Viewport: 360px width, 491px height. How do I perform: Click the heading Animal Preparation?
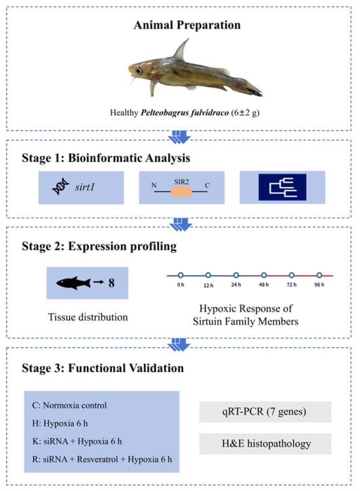point(187,25)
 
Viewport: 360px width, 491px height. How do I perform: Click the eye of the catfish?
point(138,70)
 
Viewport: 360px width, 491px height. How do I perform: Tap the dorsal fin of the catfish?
point(182,50)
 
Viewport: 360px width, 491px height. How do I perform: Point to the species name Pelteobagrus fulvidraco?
point(185,113)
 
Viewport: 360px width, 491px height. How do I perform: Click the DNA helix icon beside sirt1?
point(60,187)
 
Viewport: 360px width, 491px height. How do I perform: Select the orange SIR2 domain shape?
point(181,191)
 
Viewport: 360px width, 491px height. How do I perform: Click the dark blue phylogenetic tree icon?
point(282,187)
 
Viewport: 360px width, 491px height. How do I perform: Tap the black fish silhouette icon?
point(73,283)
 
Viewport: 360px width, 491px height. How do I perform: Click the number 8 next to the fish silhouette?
point(111,283)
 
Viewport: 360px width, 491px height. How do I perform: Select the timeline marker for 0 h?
point(181,275)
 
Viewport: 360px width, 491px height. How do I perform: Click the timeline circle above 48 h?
point(264,275)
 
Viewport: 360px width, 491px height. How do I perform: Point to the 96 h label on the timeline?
point(319,285)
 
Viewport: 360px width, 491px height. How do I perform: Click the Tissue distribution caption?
point(88,318)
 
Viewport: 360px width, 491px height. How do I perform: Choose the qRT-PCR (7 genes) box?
point(265,412)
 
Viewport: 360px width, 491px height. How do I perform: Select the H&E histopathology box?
point(265,444)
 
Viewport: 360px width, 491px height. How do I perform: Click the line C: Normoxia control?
point(69,405)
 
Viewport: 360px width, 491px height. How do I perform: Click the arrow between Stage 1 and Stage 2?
point(180,224)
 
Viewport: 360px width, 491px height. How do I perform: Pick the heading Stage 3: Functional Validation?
point(103,368)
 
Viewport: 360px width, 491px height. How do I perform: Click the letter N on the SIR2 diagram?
point(154,185)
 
